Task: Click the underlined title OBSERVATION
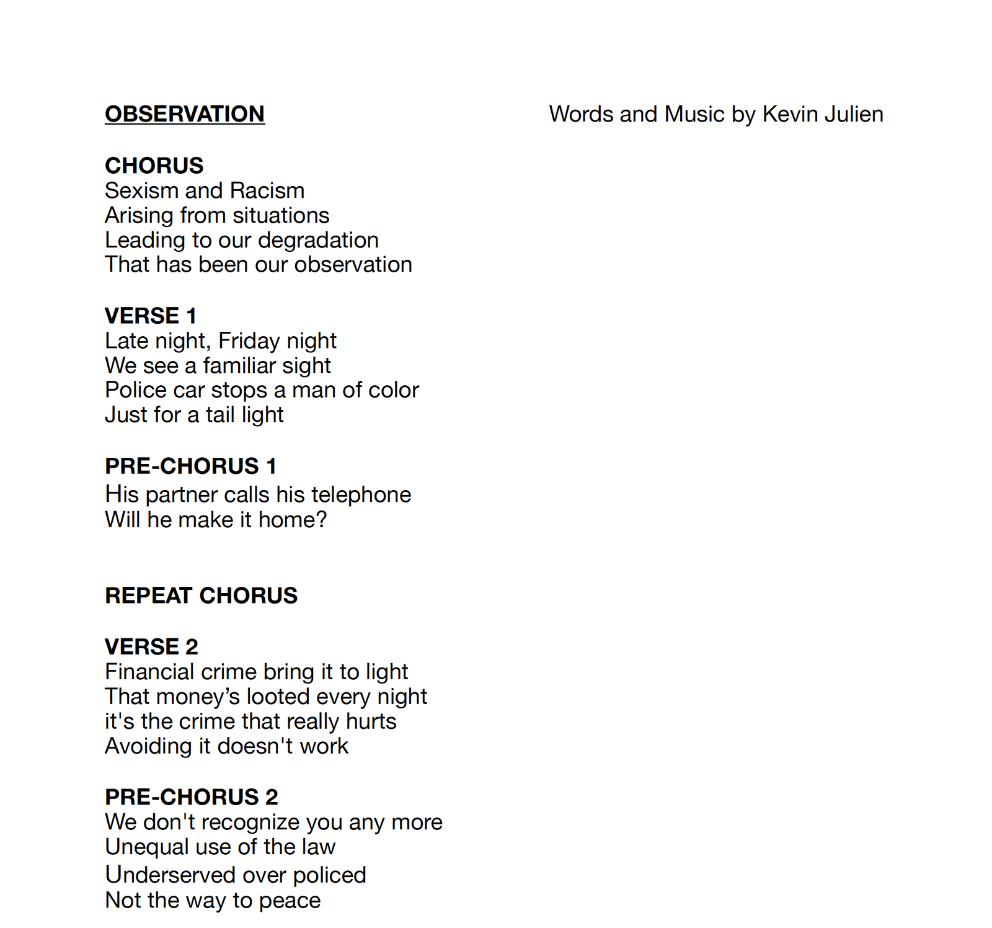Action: pyautogui.click(x=185, y=114)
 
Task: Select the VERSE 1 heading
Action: pyautogui.click(x=151, y=316)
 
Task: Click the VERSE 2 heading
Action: pyautogui.click(x=151, y=646)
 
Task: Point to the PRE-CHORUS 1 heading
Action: pyautogui.click(x=190, y=466)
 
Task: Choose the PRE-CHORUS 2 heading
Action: pyautogui.click(x=191, y=796)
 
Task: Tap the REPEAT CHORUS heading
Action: pyautogui.click(x=201, y=596)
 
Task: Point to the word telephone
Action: pyautogui.click(x=361, y=494)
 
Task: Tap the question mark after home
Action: pyautogui.click(x=321, y=520)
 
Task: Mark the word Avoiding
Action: pyautogui.click(x=148, y=746)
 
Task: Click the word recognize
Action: pyautogui.click(x=250, y=823)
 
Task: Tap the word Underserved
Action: pyautogui.click(x=165, y=875)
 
